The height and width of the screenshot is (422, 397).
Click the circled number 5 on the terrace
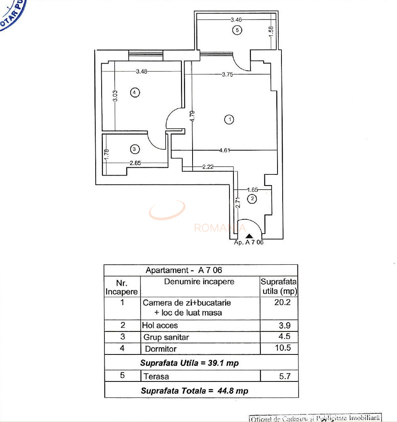[237, 30]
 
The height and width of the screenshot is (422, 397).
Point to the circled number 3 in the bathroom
[135, 149]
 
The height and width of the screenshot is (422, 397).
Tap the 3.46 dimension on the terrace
[236, 19]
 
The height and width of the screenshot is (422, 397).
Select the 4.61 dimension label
[225, 150]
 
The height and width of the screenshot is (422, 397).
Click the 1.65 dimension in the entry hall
[253, 190]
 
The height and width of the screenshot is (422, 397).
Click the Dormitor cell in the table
[161, 349]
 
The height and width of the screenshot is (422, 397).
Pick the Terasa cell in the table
[157, 376]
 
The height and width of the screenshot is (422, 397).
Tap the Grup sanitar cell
[166, 337]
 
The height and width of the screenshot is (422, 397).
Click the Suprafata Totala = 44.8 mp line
[195, 391]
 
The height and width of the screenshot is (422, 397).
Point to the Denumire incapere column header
[199, 282]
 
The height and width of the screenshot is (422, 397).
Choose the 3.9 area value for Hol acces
[285, 325]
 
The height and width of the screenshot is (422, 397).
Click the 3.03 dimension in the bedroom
[115, 97]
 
